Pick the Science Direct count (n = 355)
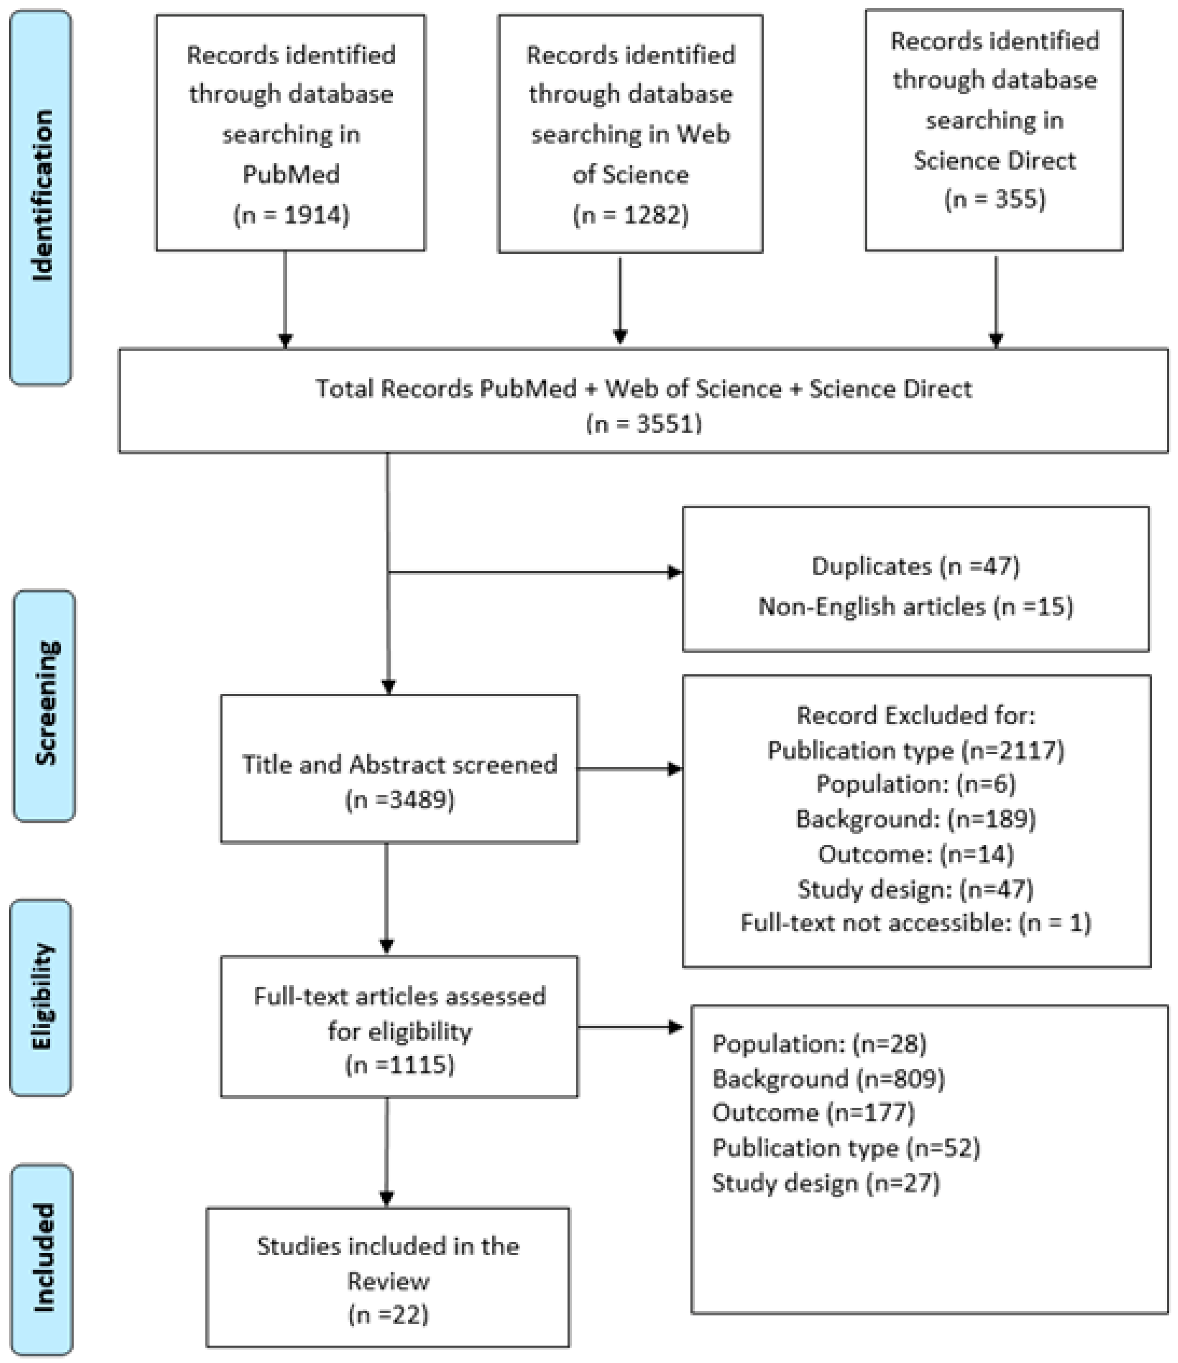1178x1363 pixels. coord(994,199)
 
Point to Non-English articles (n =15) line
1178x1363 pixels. coord(915,606)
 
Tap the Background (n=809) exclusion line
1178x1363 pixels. coord(827,1079)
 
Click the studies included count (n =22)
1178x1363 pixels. coord(388,1314)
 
